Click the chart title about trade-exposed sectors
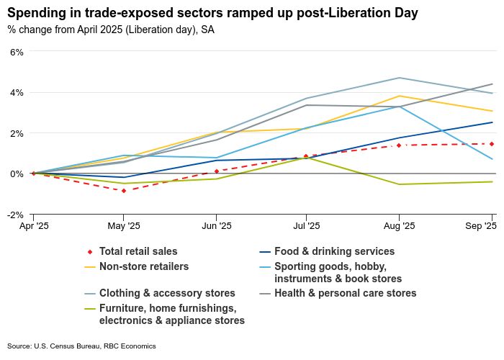point(212,13)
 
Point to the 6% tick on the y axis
point(16,52)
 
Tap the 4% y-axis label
point(16,92)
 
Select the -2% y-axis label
point(14,215)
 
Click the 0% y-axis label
point(16,174)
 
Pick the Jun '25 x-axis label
point(216,226)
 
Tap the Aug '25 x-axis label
point(400,226)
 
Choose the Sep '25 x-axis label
point(482,226)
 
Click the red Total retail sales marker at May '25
point(124,191)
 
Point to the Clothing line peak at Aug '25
point(400,78)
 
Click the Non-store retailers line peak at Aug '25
point(400,96)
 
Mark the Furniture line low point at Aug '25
point(400,184)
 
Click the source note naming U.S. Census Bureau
point(81,346)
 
